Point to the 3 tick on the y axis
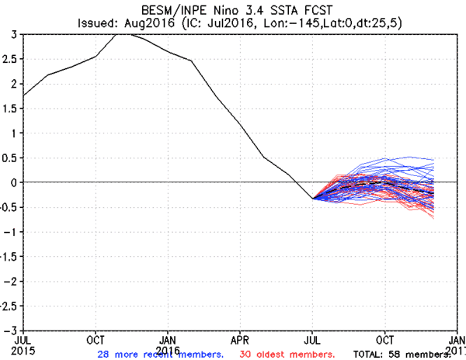[16, 34]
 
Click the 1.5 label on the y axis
[12, 108]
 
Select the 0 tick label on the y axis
[16, 182]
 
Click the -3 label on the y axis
[12, 330]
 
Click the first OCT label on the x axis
[96, 339]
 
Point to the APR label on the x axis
[241, 339]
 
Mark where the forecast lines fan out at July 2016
[313, 199]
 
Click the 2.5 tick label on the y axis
[12, 59]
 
